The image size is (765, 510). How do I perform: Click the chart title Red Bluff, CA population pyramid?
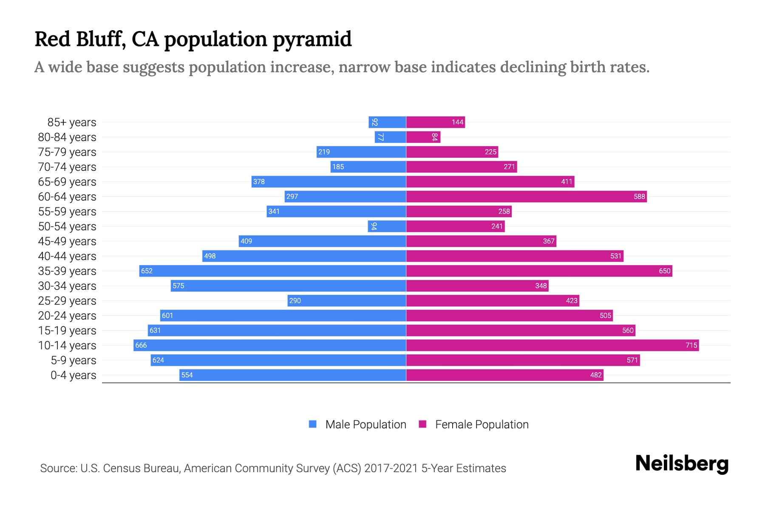click(x=193, y=39)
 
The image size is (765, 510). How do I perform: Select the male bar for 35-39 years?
click(x=272, y=271)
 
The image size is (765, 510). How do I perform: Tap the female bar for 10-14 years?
click(x=552, y=345)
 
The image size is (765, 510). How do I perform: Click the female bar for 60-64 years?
click(x=526, y=196)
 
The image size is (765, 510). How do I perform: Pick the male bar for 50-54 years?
click(x=387, y=226)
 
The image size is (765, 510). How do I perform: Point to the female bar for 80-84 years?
click(x=423, y=137)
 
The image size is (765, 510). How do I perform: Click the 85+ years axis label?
click(x=71, y=122)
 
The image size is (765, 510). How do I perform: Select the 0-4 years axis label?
click(x=73, y=375)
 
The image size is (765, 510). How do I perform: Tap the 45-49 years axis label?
click(x=67, y=241)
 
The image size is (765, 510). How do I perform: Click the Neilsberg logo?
click(x=682, y=464)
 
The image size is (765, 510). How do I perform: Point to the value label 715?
click(x=691, y=345)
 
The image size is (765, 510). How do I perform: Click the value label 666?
click(x=141, y=345)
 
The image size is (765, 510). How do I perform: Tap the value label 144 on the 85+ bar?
click(x=457, y=122)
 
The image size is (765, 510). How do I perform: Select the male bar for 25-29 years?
click(x=346, y=300)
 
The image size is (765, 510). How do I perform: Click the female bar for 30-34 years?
click(x=477, y=286)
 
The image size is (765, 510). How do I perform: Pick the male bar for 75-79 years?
click(x=361, y=152)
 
